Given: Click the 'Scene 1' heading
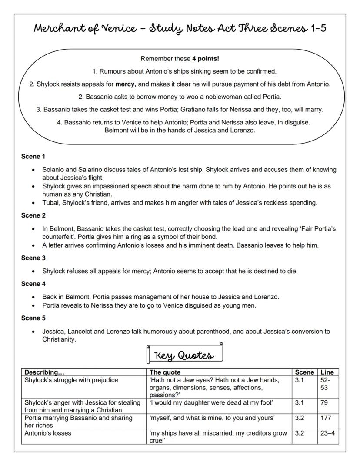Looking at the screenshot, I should (33, 157).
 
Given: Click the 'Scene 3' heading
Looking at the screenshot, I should (33, 258).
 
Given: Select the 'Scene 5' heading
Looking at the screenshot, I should (33, 318).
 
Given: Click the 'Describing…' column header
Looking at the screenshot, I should (44, 372).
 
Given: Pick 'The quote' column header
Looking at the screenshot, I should (165, 372).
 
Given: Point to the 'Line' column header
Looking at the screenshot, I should (327, 372).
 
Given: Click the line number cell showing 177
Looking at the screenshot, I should (326, 418).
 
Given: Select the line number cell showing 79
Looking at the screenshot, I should (324, 403).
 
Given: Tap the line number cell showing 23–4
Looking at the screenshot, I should (327, 433).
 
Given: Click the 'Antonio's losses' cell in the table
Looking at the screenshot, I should (47, 433).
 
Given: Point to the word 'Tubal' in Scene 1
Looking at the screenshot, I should (50, 203).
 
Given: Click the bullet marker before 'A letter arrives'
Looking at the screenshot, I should (34, 245).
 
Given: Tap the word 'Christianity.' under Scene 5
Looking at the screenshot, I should (59, 340).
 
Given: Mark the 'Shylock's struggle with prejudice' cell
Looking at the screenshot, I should (71, 380).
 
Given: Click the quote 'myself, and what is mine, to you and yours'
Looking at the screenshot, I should (212, 418).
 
